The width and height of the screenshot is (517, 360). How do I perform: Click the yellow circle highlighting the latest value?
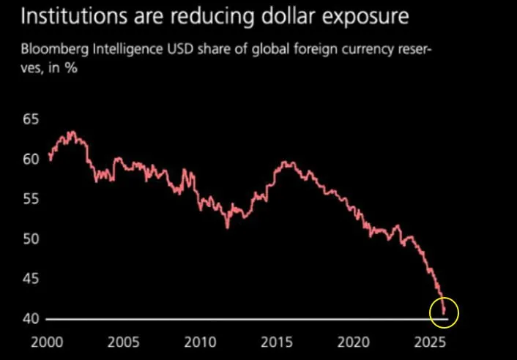444,312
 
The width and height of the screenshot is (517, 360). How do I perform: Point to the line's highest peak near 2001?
71,132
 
